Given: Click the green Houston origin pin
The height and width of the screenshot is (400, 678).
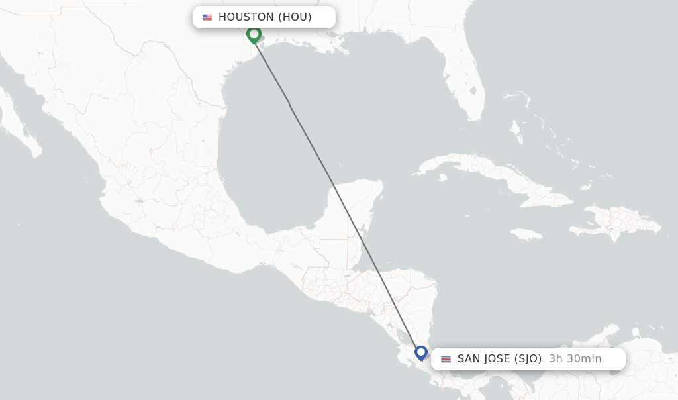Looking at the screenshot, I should (254, 34).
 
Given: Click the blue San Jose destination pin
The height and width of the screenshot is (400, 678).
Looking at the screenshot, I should (421, 352).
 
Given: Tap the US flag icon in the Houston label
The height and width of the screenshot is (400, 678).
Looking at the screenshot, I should (207, 17).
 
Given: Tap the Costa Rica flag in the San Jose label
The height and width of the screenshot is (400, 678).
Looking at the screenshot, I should (446, 359).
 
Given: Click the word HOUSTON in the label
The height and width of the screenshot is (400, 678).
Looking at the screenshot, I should (246, 17).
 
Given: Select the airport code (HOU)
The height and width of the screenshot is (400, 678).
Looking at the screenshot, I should (295, 17).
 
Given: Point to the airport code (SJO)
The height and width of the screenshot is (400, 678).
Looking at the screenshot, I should (528, 359).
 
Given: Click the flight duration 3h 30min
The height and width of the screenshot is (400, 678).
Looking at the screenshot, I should (575, 359).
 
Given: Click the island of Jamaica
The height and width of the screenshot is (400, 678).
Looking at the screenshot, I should (527, 234).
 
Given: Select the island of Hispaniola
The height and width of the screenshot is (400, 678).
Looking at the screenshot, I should (616, 222).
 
